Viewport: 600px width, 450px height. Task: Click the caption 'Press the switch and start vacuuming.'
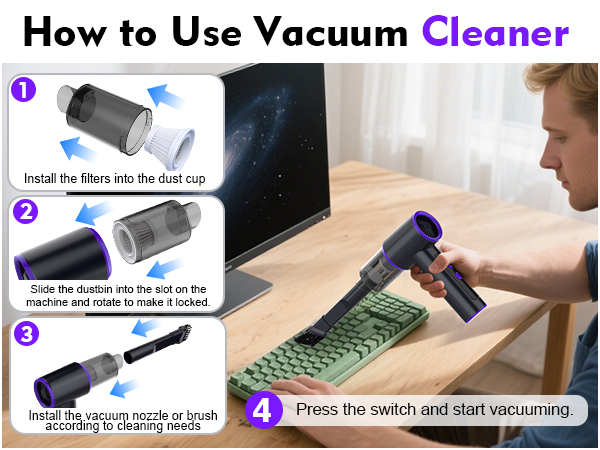coord(434,409)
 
